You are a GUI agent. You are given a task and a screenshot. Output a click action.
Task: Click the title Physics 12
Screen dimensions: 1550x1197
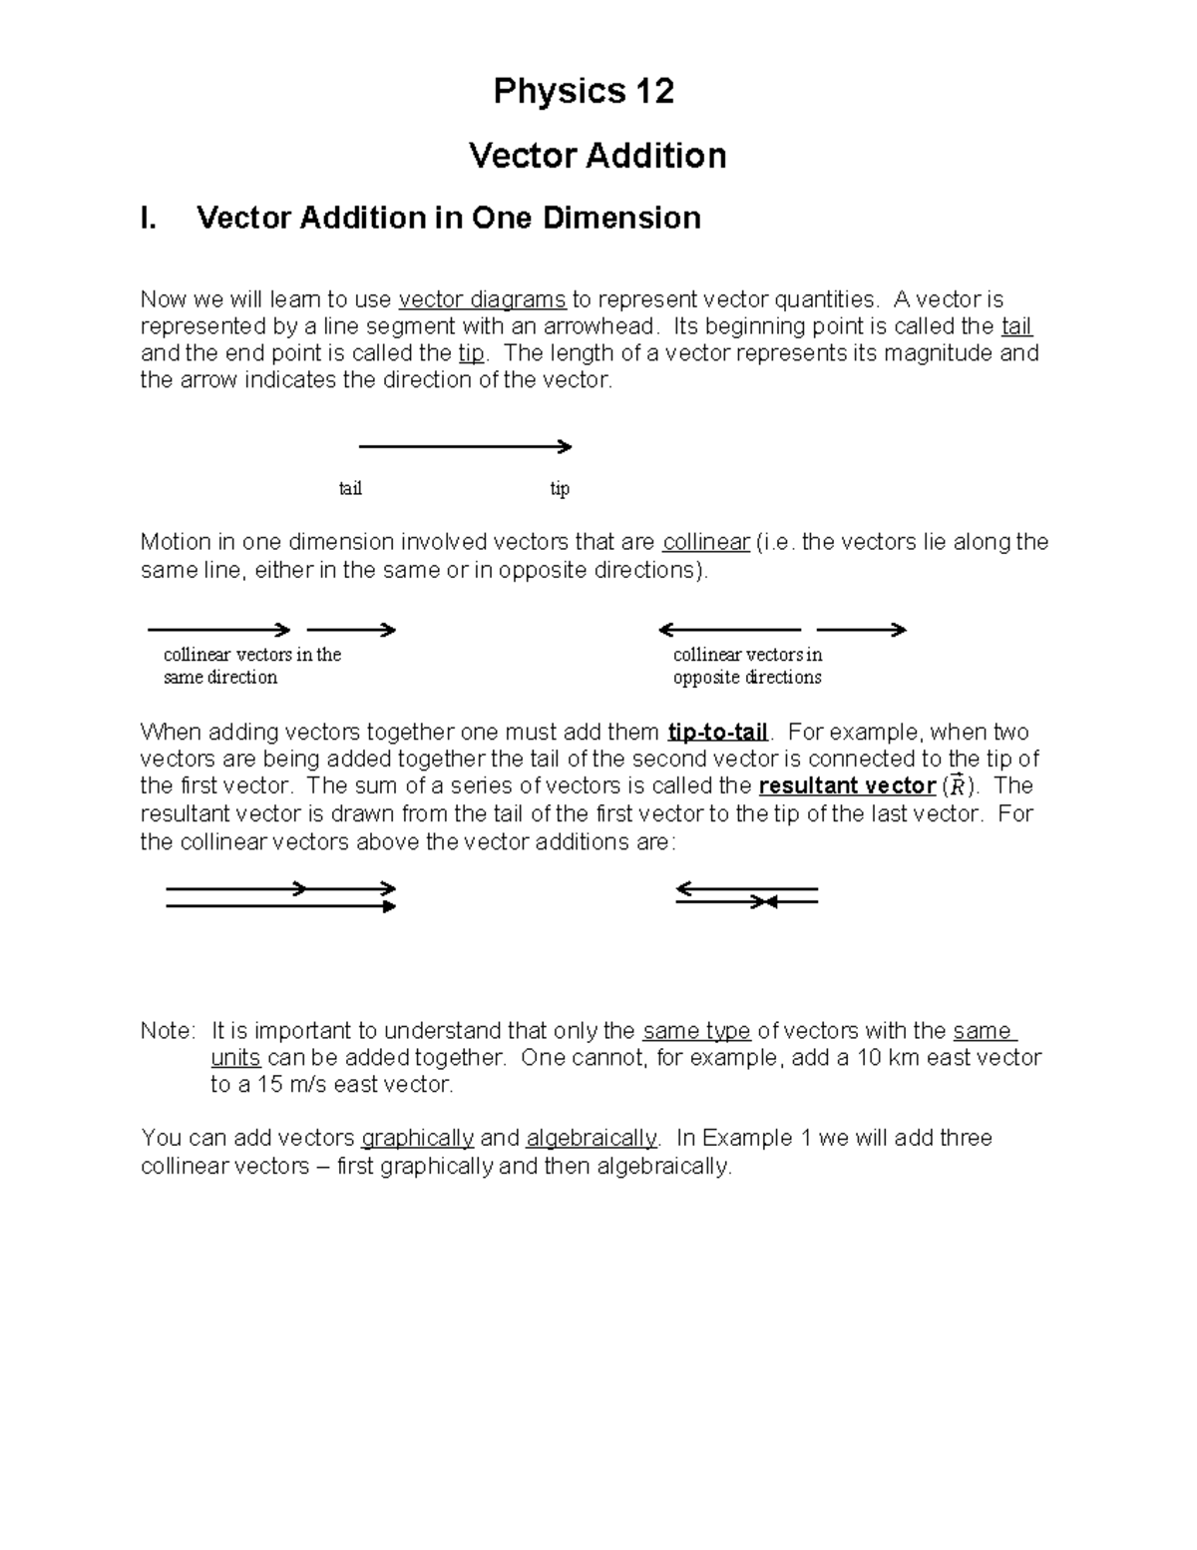(584, 92)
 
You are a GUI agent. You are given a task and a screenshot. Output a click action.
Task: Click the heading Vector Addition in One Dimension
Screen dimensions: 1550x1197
(448, 218)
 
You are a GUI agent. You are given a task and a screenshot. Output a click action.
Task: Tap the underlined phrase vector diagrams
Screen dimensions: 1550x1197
(482, 299)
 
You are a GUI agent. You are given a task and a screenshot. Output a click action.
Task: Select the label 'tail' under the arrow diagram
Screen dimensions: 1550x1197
(350, 488)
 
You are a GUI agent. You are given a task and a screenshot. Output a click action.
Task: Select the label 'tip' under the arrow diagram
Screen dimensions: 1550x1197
(560, 488)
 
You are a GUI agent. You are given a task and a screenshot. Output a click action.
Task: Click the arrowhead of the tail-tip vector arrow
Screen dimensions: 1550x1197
(565, 446)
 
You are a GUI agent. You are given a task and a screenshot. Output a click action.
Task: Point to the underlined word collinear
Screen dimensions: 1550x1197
(706, 542)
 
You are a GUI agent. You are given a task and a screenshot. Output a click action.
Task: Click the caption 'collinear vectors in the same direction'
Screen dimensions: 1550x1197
(251, 666)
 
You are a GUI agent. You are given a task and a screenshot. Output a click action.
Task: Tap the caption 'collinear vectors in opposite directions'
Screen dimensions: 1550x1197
(747, 666)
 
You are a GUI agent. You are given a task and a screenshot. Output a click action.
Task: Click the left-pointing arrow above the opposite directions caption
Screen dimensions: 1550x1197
(728, 630)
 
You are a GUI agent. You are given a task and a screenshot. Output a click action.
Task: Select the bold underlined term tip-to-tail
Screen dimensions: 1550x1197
(718, 732)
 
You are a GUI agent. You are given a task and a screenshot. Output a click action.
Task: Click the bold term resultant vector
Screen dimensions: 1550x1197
(847, 785)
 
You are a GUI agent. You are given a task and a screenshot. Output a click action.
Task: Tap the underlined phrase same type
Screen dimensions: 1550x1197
(696, 1030)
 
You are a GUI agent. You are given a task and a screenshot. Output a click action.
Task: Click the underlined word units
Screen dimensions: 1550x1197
(235, 1057)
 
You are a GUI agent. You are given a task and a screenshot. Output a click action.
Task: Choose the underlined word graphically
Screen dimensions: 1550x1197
(417, 1138)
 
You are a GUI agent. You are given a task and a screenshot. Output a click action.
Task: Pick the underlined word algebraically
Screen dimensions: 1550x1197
(592, 1138)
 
